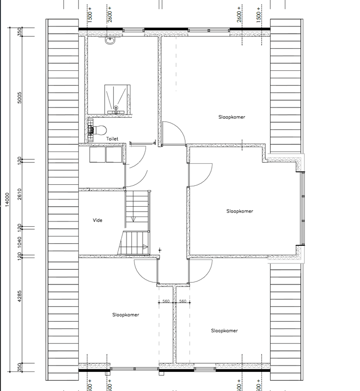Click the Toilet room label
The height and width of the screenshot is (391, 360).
pyautogui.click(x=112, y=139)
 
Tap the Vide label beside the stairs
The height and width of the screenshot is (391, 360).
pyautogui.click(x=97, y=220)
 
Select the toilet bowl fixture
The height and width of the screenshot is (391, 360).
pyautogui.click(x=100, y=130)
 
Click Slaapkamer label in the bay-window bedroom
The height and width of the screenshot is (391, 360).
pyautogui.click(x=240, y=211)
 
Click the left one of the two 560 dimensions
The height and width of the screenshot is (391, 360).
pyautogui.click(x=166, y=302)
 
